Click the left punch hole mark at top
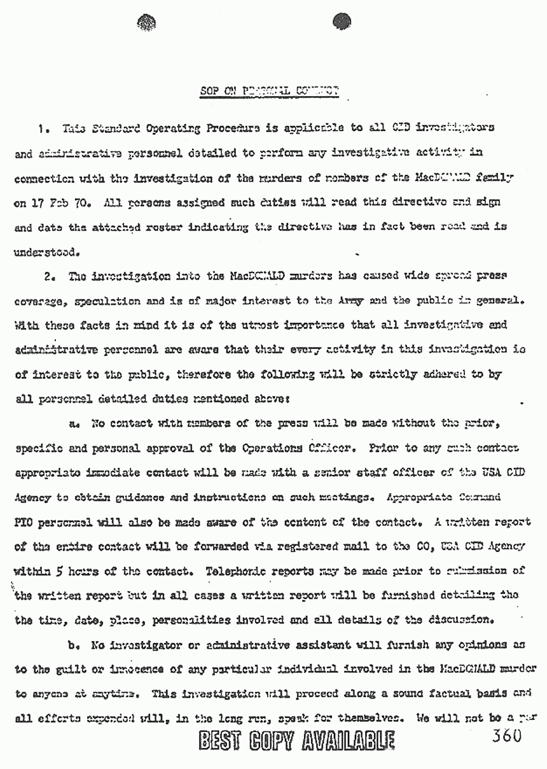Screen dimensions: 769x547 coord(146,23)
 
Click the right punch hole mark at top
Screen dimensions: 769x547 coord(343,22)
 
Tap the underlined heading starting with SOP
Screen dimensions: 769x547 coord(267,90)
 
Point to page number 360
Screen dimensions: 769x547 coord(505,736)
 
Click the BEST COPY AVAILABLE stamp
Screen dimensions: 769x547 coord(296,741)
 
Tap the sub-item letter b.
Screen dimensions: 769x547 coord(74,645)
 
